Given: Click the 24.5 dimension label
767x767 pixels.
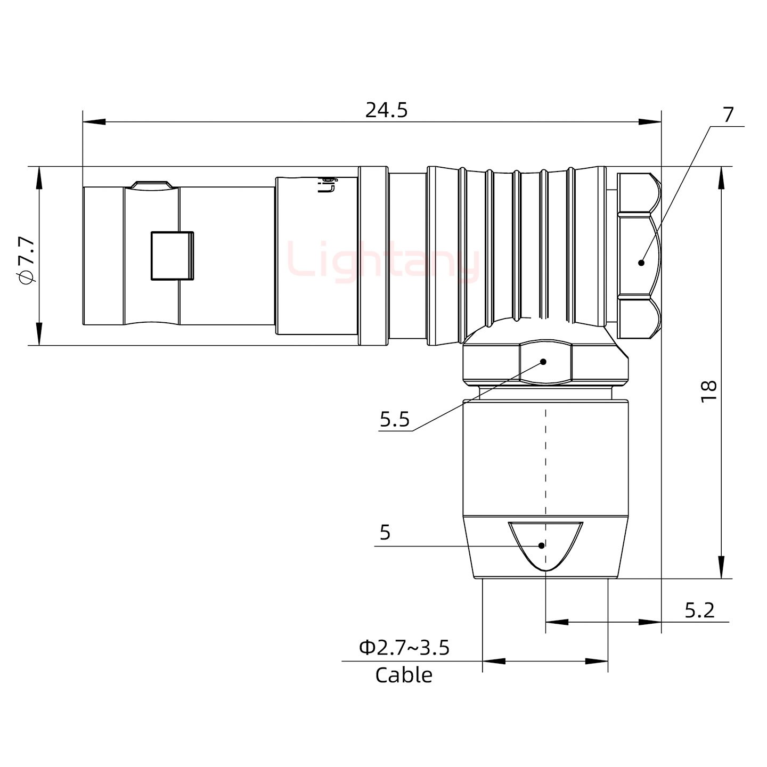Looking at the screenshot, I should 386,110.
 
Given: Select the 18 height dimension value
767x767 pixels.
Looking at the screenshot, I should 708,391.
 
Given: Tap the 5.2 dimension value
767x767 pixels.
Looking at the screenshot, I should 699,610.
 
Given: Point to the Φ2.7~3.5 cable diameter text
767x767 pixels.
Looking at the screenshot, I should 404,648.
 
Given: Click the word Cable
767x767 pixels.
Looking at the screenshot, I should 403,675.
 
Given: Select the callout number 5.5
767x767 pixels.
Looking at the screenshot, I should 394,420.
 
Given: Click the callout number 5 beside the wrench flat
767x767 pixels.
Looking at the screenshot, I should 385,532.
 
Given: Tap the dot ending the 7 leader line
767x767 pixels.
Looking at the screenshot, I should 641,262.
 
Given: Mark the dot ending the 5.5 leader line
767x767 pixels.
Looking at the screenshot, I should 543,362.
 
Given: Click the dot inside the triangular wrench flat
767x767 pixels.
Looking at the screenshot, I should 542,545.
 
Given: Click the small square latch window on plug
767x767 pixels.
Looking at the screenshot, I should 172,256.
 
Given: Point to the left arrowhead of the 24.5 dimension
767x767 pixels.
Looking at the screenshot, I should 93,123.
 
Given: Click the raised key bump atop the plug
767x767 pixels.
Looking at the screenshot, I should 153,184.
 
